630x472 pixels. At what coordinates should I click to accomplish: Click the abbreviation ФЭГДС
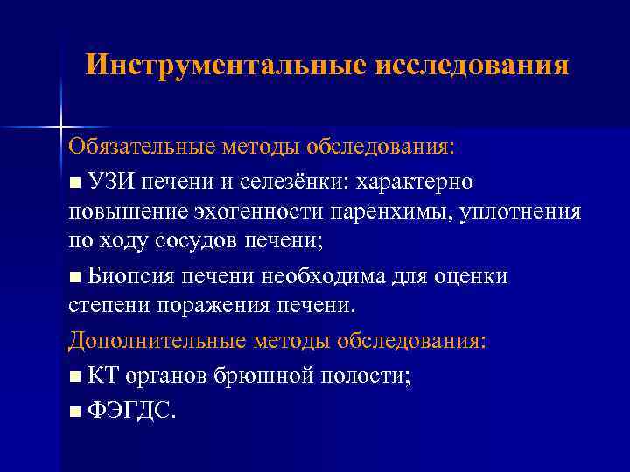tap(131, 408)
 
